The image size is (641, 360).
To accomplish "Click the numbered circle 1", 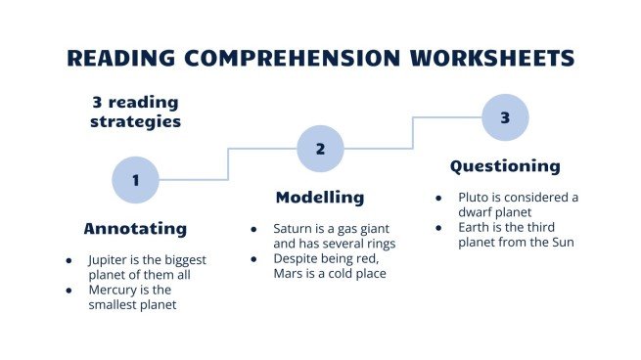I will (x=135, y=180).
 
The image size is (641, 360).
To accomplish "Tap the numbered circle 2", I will (x=321, y=149).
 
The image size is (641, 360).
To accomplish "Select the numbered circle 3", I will (x=505, y=117).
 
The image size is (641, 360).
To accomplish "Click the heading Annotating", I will (x=135, y=229).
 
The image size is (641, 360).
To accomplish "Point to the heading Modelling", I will (x=320, y=198).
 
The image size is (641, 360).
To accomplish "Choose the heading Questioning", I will (x=505, y=166).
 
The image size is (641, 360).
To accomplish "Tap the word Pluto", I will (x=476, y=197).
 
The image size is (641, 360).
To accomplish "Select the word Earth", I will (x=478, y=228).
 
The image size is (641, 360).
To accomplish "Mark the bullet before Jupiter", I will (x=69, y=261).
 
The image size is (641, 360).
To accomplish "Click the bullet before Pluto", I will (x=438, y=198).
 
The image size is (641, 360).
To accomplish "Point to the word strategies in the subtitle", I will (x=136, y=122).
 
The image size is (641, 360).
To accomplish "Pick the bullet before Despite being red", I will (x=253, y=258).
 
